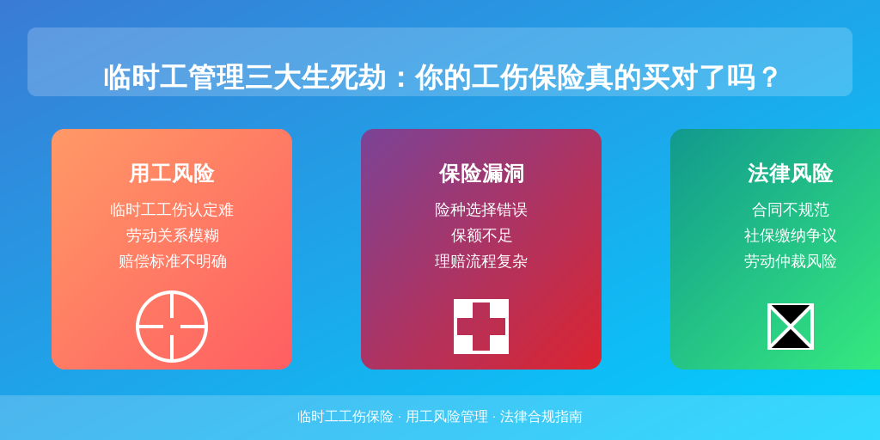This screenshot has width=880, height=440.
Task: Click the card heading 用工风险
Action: click(x=172, y=174)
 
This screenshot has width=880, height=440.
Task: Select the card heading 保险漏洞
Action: click(x=481, y=174)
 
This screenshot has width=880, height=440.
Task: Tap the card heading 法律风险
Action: click(x=791, y=174)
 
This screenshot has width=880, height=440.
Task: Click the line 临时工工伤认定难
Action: click(x=172, y=211)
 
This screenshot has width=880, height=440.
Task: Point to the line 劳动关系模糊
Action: click(x=172, y=235)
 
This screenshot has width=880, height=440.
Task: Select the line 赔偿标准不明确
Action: click(x=172, y=261)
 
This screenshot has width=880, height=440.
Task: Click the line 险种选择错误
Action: click(x=481, y=211)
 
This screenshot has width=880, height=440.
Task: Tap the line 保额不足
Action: click(x=481, y=235)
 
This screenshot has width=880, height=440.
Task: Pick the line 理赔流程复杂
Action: click(x=481, y=261)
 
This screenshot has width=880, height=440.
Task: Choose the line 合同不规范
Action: click(x=791, y=211)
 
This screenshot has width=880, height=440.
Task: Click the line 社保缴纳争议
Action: click(x=791, y=235)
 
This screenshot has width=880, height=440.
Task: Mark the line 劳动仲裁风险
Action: click(x=791, y=261)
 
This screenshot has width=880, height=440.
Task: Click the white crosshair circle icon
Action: click(x=172, y=292)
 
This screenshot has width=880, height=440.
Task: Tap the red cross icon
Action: click(x=481, y=327)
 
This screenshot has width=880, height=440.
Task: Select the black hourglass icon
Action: click(x=791, y=327)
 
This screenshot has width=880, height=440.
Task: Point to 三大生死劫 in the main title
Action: click(x=315, y=77)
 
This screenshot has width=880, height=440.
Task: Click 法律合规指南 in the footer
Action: click(x=541, y=417)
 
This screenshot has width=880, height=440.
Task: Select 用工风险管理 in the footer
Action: click(x=447, y=417)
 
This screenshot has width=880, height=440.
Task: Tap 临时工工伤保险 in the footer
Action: click(x=345, y=417)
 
